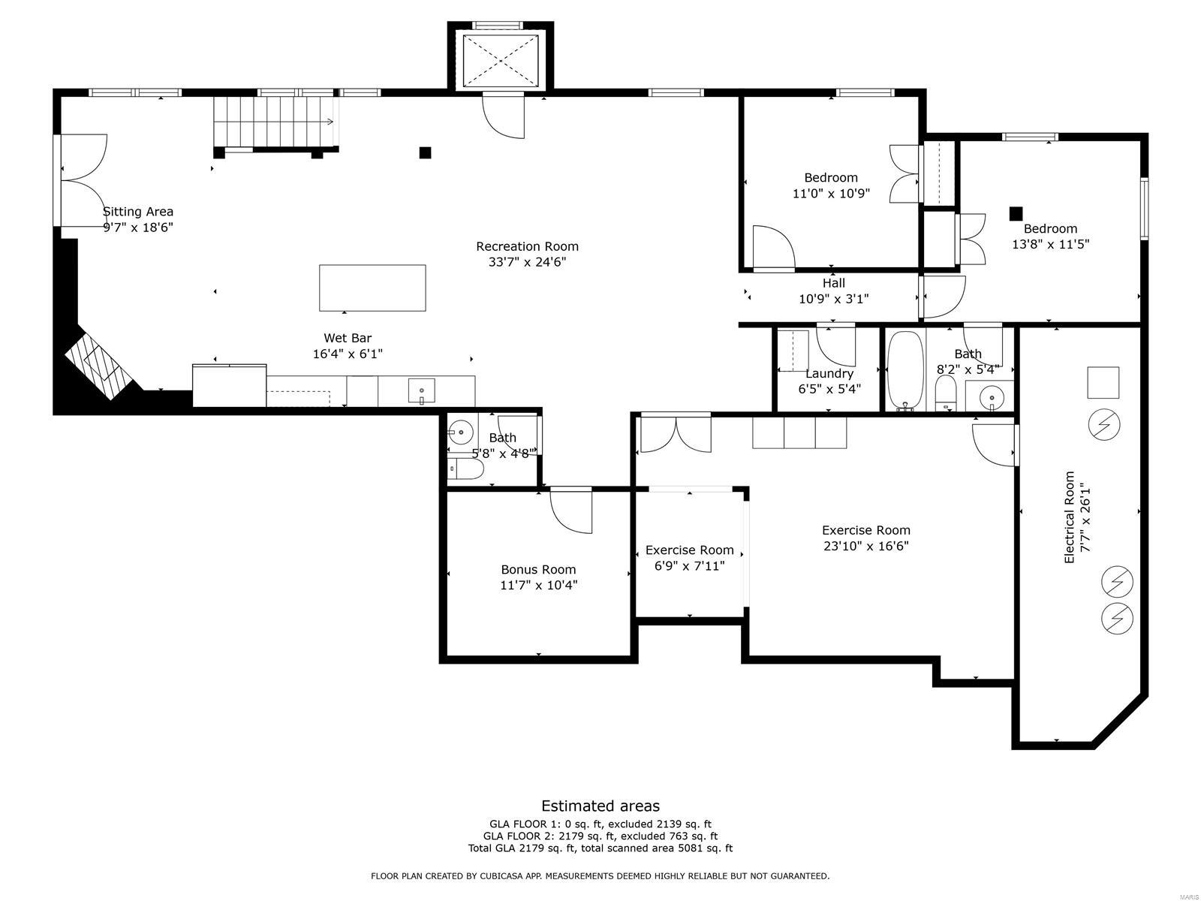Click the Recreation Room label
coord(527,246)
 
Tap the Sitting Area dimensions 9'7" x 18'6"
coord(138,228)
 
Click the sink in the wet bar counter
coord(421,391)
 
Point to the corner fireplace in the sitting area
coord(98,363)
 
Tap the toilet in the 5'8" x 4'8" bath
coord(465,470)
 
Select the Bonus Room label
coord(538,569)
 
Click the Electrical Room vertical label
coord(1070,517)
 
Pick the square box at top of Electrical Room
coord(1103,382)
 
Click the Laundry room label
coord(829,373)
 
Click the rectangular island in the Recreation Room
coord(372,288)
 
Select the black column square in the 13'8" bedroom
coord(1016,213)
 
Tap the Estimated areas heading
coord(600,806)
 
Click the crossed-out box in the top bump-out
coord(501,62)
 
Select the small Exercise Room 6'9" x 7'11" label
coord(689,558)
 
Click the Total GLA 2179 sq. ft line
coord(600,848)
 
